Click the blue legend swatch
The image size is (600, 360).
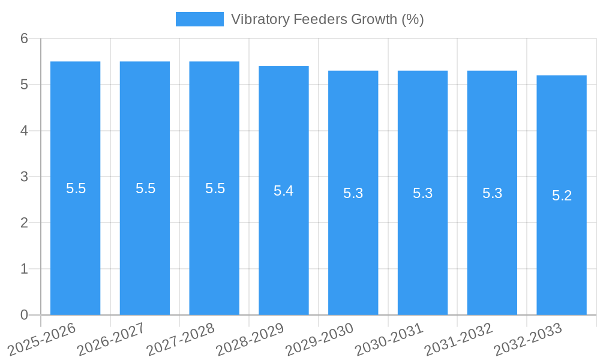[x=199, y=19]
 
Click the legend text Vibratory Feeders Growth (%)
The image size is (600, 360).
[x=327, y=19]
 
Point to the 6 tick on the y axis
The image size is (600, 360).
[x=25, y=38]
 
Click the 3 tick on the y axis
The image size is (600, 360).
[x=25, y=177]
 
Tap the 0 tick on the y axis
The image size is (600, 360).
[x=25, y=315]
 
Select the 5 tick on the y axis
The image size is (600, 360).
[x=25, y=85]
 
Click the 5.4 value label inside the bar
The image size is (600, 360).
[x=284, y=191]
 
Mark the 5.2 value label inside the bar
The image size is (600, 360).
[x=562, y=196]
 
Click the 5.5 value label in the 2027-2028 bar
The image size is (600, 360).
[x=215, y=188]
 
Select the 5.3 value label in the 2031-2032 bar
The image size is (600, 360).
[x=492, y=193]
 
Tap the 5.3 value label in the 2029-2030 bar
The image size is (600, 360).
[x=353, y=193]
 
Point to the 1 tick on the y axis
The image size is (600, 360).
[x=25, y=269]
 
